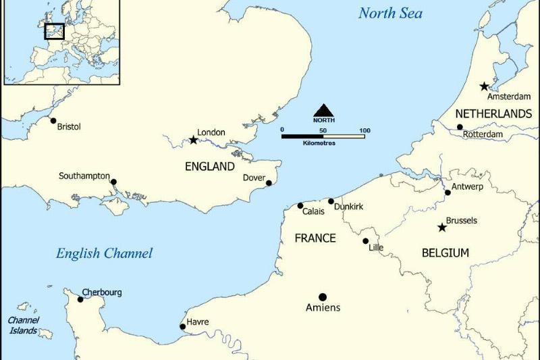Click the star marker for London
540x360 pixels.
click(x=194, y=140)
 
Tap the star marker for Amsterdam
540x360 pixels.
click(x=484, y=86)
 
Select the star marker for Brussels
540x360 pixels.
click(x=442, y=228)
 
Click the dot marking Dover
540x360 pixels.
click(x=269, y=183)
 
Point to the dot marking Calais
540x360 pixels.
click(x=300, y=206)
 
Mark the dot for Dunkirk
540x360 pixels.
click(x=331, y=201)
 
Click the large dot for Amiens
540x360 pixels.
click(x=323, y=297)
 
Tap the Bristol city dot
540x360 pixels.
click(x=53, y=121)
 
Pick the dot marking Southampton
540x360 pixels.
click(x=113, y=182)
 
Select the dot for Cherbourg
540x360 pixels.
click(x=80, y=299)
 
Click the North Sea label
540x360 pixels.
click(x=390, y=13)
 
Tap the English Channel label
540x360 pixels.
click(x=104, y=253)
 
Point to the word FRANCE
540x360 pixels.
click(x=315, y=238)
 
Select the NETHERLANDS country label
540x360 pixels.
click(x=493, y=113)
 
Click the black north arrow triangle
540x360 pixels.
click(x=323, y=110)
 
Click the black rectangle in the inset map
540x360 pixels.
click(x=54, y=31)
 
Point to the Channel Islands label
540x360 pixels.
click(x=24, y=324)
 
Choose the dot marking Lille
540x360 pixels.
click(x=366, y=241)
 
